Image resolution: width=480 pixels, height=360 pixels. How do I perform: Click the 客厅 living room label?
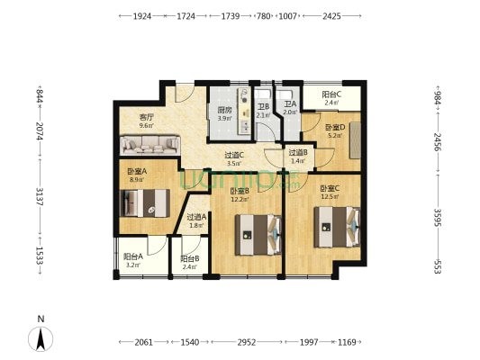pos(146,118)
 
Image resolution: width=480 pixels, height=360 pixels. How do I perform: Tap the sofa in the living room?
pos(150,143)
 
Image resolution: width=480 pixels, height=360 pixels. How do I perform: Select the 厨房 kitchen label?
pos(223,111)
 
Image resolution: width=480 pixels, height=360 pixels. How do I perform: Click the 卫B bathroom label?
pos(263,106)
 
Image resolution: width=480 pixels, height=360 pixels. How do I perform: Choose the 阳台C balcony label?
pos(331,94)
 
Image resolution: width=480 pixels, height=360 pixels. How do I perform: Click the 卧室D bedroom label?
pos(335,127)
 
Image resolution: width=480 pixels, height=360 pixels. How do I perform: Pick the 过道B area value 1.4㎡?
pos(298,160)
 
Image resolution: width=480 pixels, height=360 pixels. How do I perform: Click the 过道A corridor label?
pos(197,216)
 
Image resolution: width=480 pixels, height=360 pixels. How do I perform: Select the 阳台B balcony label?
pos(189,258)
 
